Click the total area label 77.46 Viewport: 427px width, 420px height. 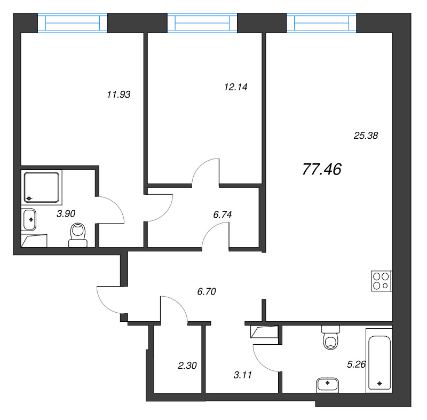click(321, 169)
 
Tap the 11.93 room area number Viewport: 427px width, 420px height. click(119, 94)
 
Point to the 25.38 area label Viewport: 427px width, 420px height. click(366, 136)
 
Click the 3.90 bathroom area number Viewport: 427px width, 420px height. click(66, 213)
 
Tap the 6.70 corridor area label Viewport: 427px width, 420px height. click(208, 291)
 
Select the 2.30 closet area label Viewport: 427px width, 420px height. click(187, 366)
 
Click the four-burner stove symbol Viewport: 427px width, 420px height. click(382, 281)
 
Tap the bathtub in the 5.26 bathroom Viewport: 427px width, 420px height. click(379, 360)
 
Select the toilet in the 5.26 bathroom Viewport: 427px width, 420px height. click(330, 338)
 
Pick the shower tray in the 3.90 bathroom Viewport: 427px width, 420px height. click(42, 187)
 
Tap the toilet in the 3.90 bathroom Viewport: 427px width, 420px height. click(78, 235)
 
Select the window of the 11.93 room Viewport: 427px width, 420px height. click(73, 23)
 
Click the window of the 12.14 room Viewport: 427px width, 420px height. click(202, 23)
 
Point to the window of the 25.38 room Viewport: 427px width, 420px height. click(321, 23)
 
